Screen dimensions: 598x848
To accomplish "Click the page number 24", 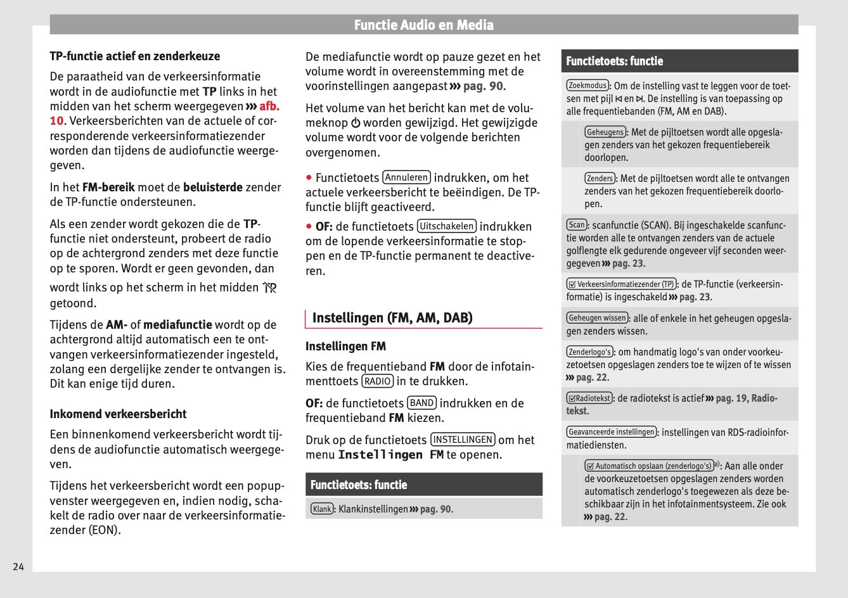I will [x=18, y=566].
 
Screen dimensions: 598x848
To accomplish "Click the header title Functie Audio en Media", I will [x=423, y=25].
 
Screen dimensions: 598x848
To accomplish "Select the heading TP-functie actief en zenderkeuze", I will [x=135, y=56].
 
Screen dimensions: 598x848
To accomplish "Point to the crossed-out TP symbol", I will [x=270, y=288].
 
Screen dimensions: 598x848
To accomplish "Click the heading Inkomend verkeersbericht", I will [x=118, y=414].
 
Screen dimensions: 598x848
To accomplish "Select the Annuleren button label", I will [x=406, y=178].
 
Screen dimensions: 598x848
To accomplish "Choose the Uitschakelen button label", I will [x=446, y=226].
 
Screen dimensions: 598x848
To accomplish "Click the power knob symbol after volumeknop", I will [x=356, y=123].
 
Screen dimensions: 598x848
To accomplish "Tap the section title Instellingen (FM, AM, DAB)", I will [x=392, y=317].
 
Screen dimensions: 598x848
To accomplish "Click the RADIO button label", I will [x=378, y=381].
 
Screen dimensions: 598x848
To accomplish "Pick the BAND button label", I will [x=421, y=403].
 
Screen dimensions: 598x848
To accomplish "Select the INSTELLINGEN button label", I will [x=463, y=440].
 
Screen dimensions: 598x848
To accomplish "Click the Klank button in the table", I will [x=322, y=509].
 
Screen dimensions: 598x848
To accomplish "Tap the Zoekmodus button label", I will [x=588, y=85].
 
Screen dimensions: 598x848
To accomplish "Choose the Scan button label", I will [x=577, y=224].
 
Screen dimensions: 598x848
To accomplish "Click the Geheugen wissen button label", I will [x=597, y=318].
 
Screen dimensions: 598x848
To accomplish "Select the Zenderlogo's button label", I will [x=589, y=352].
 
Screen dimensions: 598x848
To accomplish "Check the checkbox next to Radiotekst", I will [x=572, y=398].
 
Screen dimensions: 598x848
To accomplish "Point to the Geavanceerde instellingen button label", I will [x=612, y=432].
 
